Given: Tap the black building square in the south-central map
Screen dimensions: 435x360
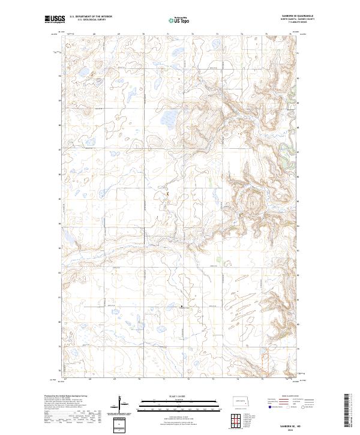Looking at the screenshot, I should click(x=182, y=307).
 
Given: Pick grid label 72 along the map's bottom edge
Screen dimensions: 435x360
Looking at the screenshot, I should click(x=188, y=379).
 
